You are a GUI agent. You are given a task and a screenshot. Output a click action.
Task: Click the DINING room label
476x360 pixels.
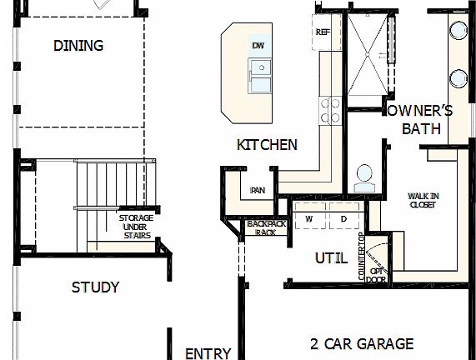point(78,46)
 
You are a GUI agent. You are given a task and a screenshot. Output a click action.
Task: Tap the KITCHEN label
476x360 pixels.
point(267,145)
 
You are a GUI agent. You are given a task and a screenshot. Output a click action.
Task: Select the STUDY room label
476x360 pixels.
point(95,287)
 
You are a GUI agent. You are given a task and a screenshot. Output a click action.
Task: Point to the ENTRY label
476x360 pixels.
point(208,353)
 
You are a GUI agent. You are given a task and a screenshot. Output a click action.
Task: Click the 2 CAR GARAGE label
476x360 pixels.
point(362,343)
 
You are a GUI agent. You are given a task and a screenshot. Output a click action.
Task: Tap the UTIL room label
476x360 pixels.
point(331,258)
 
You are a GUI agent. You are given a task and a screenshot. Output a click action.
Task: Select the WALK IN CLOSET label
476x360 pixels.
point(423,200)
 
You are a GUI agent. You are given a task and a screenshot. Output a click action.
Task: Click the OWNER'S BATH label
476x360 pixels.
point(428,119)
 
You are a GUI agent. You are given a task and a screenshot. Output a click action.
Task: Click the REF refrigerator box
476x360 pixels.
point(323,32)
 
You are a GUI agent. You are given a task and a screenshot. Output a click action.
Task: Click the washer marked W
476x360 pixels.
point(308,218)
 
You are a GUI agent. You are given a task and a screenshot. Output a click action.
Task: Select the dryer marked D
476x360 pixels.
point(342,218)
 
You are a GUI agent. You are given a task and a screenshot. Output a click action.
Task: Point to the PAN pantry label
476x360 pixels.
point(258,190)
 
